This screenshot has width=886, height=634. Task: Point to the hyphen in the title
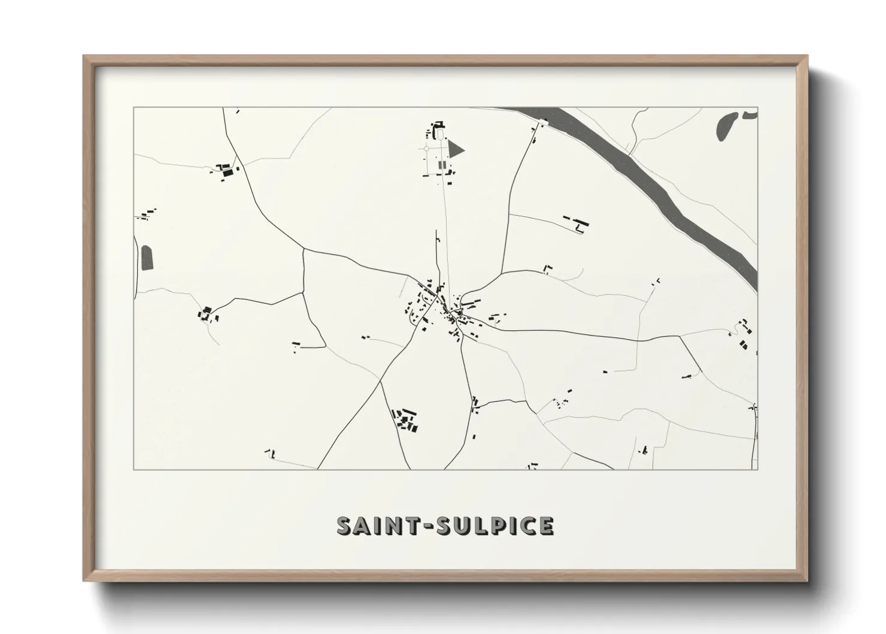(430, 527)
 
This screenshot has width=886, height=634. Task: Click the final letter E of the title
(545, 526)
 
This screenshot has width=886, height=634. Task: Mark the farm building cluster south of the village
(406, 419)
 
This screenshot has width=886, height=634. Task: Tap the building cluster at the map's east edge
(744, 334)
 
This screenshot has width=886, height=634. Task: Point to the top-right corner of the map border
(757, 108)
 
